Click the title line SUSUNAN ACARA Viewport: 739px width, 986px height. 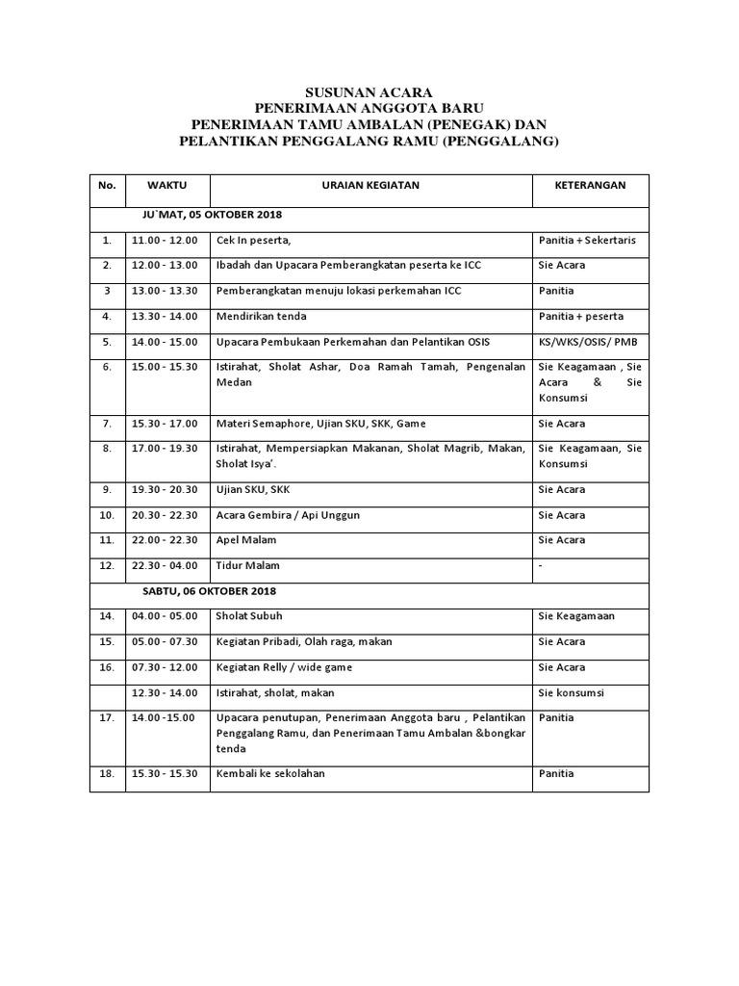(x=369, y=91)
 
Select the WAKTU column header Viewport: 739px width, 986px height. (x=166, y=185)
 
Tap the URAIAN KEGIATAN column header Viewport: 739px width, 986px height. (x=370, y=185)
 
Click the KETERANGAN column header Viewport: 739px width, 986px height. (x=591, y=185)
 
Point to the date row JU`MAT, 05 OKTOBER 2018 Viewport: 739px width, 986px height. (x=206, y=214)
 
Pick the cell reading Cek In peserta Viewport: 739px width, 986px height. (x=253, y=240)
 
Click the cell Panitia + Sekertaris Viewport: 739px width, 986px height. (x=586, y=240)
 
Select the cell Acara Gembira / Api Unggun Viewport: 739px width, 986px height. (x=288, y=515)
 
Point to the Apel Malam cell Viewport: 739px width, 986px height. (x=246, y=540)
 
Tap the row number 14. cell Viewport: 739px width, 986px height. (x=107, y=616)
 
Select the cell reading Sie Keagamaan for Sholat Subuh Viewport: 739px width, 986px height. (x=576, y=616)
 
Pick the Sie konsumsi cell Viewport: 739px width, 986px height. (x=572, y=692)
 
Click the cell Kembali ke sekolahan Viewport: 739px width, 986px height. (x=270, y=772)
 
